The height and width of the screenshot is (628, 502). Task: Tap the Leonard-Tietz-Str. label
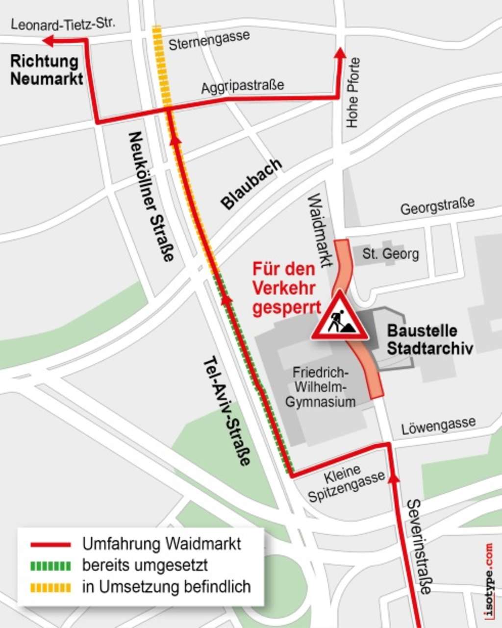[x=63, y=24]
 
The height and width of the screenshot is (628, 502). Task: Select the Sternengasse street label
[x=209, y=40]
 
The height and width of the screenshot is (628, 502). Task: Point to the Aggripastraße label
[x=242, y=86]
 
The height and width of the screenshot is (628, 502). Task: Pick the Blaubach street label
[x=252, y=183]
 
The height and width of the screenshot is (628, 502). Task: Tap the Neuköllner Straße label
[x=151, y=196]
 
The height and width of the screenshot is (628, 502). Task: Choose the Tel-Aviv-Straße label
[x=227, y=410]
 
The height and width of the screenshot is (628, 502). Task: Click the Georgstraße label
[x=437, y=206]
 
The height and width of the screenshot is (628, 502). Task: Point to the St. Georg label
[x=391, y=254]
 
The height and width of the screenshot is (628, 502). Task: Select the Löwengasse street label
[x=438, y=426]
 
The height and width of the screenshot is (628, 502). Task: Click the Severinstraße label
[x=420, y=546]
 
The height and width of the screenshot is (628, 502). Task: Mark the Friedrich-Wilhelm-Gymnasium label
[x=321, y=387]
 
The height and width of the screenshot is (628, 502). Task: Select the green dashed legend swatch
[x=50, y=565]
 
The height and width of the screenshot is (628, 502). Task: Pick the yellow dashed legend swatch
[x=50, y=587]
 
